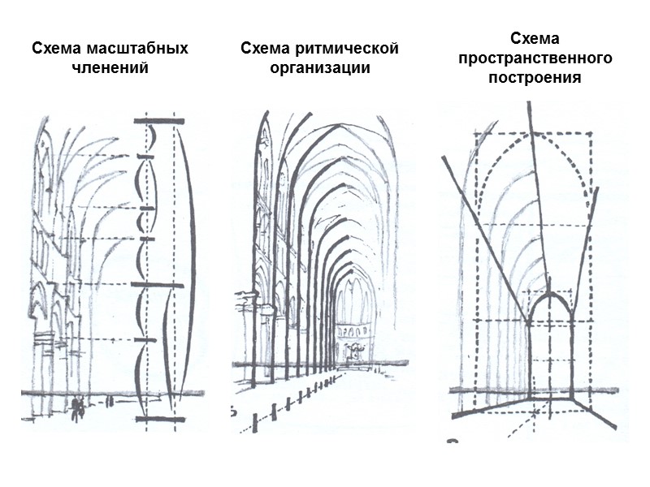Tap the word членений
110,67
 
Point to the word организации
319,67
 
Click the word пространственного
535,58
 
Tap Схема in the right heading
535,39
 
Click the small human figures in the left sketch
78,407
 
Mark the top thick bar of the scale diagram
159,121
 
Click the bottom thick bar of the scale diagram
159,419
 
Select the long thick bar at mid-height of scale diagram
158,285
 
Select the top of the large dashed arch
533,135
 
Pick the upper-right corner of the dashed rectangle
591,136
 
